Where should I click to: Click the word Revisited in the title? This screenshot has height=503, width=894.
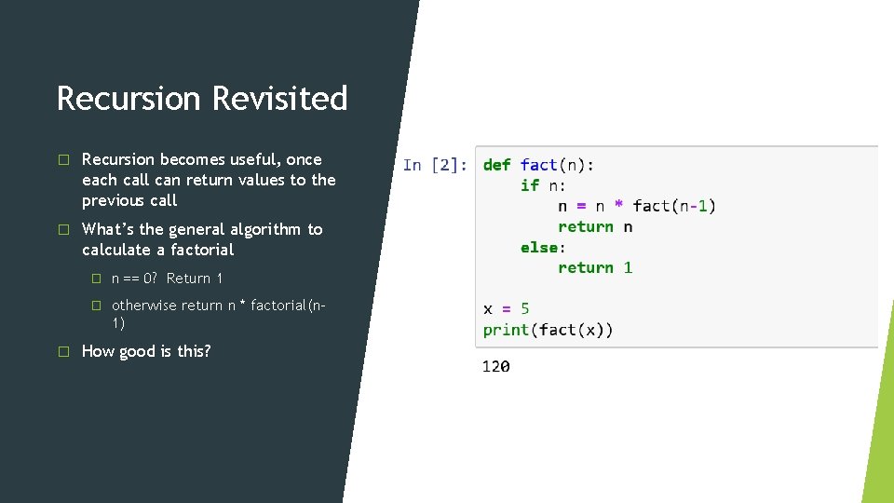coord(279,98)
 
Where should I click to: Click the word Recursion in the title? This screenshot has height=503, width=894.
coord(129,98)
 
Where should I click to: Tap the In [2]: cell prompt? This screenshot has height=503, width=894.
coord(435,165)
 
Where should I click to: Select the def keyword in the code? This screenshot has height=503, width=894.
coord(496,165)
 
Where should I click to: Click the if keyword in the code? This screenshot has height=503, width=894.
coord(529,185)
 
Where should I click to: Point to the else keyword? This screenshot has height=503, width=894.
coord(538,247)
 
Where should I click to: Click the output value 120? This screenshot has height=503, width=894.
coord(495,367)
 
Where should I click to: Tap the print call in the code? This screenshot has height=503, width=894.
coord(505,329)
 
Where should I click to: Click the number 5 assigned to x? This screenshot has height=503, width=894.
coord(524,308)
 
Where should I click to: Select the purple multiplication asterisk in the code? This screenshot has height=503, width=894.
coord(618,206)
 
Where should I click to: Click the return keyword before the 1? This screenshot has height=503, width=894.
coord(585,267)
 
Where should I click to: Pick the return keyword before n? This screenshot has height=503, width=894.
coord(585,226)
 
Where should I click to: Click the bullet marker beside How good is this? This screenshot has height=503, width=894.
coord(63,351)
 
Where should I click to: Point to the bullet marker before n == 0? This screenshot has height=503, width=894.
coord(95,279)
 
